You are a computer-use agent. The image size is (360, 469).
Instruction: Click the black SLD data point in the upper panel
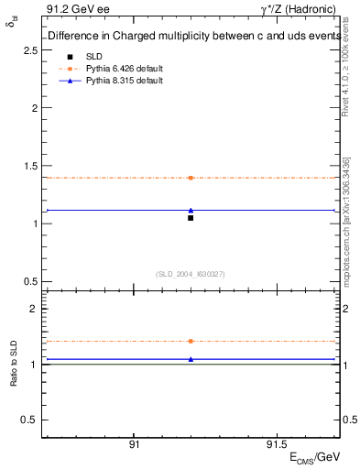pyautogui.click(x=191, y=218)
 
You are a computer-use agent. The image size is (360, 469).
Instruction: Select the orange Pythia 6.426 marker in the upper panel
pyautogui.click(x=191, y=178)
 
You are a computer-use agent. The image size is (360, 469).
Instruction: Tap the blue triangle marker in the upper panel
pyautogui.click(x=191, y=210)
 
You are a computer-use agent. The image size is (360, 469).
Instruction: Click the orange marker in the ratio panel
pyautogui.click(x=191, y=341)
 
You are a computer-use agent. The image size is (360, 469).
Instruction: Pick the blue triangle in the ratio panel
pyautogui.click(x=191, y=359)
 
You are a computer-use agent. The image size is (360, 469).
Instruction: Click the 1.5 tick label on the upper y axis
pyautogui.click(x=28, y=166)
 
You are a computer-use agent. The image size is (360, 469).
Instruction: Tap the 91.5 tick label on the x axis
pyautogui.click(x=275, y=443)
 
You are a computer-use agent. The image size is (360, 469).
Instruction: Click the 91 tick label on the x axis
pyautogui.click(x=134, y=443)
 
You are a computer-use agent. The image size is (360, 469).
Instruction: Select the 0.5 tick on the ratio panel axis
pyautogui.click(x=28, y=420)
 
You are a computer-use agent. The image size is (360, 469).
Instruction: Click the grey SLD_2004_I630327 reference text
pyautogui.click(x=191, y=274)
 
